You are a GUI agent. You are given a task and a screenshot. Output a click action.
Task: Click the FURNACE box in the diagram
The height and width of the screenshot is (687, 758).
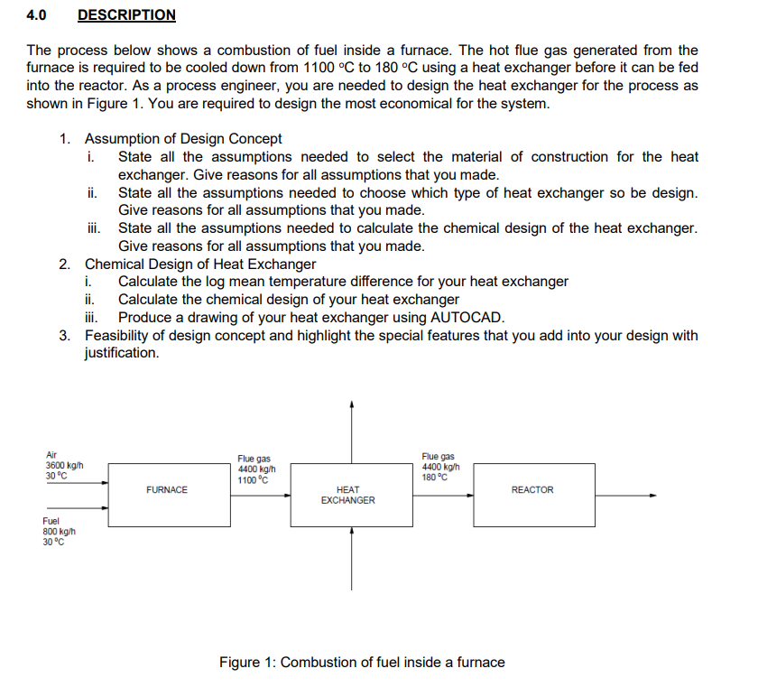click(166, 490)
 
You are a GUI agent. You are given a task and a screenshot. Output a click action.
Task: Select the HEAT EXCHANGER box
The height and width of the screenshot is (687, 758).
click(347, 495)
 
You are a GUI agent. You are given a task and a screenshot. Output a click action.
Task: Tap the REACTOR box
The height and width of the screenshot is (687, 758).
click(532, 490)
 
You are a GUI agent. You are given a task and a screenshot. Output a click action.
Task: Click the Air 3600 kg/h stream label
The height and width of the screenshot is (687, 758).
click(64, 466)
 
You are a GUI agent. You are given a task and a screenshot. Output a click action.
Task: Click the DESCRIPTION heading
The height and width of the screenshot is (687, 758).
click(126, 15)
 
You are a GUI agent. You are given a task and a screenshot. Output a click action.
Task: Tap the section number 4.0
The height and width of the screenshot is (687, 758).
click(37, 15)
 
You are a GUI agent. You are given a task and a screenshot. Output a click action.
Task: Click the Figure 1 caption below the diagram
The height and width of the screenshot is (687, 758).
click(362, 663)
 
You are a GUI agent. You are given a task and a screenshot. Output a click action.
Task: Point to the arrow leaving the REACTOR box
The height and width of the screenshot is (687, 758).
click(626, 495)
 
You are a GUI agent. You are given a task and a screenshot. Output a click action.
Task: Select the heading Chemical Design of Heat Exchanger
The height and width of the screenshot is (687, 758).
click(199, 265)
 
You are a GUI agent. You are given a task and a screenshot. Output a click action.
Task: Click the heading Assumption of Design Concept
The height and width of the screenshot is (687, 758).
click(182, 139)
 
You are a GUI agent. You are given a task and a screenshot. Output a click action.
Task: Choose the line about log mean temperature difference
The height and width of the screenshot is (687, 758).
click(343, 282)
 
